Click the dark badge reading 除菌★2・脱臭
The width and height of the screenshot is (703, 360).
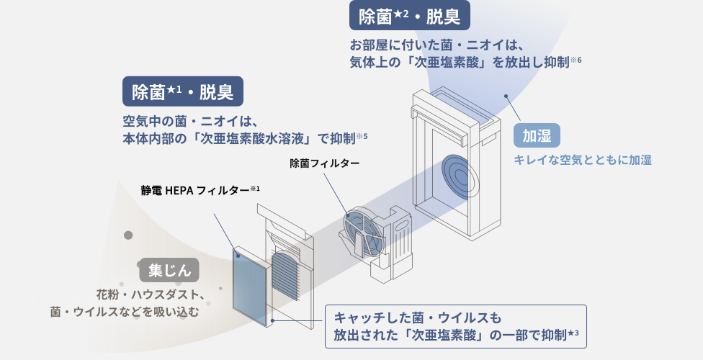click(x=409, y=15)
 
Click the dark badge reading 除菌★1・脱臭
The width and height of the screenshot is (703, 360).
click(x=182, y=92)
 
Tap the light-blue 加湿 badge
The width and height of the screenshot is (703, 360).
click(x=537, y=135)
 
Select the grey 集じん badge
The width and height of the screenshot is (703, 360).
click(x=169, y=271)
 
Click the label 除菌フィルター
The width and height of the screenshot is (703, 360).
click(x=324, y=163)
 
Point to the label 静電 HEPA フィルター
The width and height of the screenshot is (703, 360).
click(x=200, y=191)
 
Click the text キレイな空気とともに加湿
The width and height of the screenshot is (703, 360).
click(x=583, y=159)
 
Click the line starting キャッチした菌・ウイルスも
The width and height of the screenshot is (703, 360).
click(x=416, y=318)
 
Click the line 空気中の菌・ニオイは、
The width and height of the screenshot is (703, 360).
click(x=191, y=120)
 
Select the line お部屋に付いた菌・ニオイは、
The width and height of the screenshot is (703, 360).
click(x=431, y=43)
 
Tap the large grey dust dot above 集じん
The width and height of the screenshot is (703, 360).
click(x=129, y=235)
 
